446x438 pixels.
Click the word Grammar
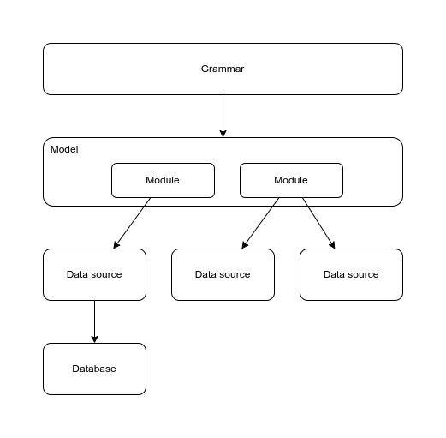(223, 69)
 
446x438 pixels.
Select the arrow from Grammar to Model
(223, 116)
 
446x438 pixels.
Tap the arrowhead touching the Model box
(223, 134)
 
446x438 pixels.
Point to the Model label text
(64, 149)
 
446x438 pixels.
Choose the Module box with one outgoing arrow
(163, 180)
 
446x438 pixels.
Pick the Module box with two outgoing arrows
(291, 180)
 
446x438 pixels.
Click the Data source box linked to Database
(94, 274)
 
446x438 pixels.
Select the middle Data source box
(223, 274)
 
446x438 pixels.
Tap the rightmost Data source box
(351, 274)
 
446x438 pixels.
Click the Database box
(94, 369)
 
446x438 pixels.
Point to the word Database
(94, 369)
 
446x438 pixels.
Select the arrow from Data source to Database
(94, 321)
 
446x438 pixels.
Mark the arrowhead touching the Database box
(94, 339)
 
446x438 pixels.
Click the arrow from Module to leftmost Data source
(132, 223)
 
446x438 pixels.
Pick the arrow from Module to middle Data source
(260, 223)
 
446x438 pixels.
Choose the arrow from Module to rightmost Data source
(318, 223)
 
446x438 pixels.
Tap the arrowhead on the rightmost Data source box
(332, 245)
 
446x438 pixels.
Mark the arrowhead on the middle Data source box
(245, 245)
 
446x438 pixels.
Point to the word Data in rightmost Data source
(332, 274)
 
